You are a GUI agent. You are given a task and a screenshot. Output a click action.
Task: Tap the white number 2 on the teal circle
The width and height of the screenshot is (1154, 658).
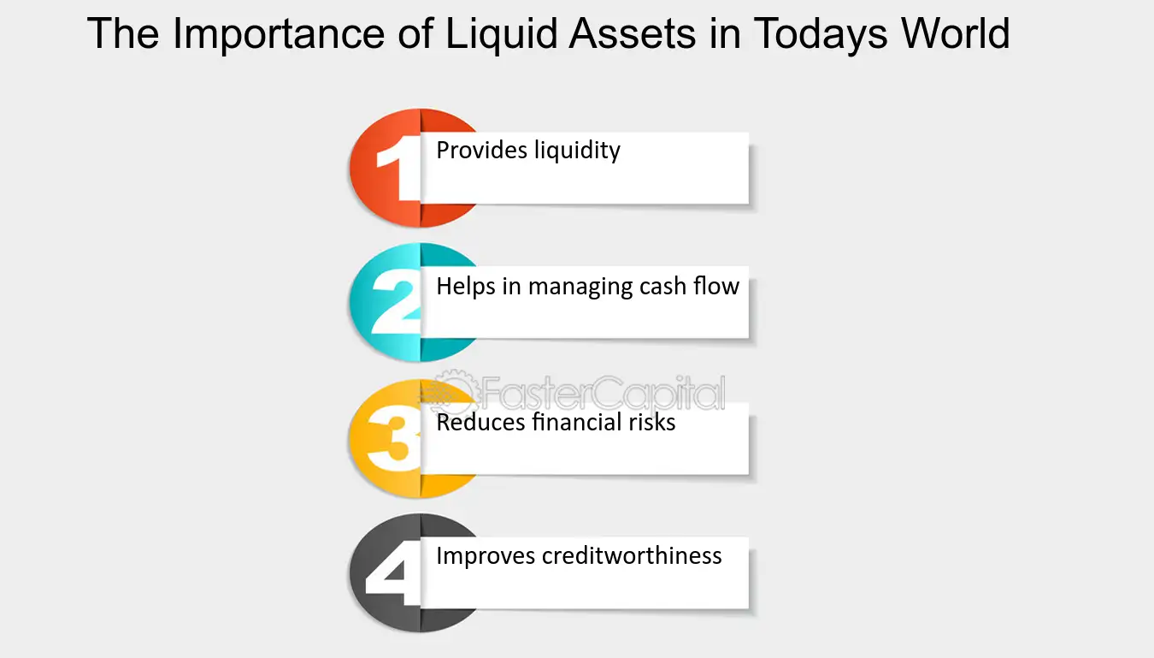[396, 301]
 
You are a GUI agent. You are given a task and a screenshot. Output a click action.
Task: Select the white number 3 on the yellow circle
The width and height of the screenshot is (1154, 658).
[393, 438]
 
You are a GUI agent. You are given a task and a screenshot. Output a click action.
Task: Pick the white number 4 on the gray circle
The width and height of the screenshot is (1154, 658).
[393, 572]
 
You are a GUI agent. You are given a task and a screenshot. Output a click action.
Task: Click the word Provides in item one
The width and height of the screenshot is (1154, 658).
[482, 151]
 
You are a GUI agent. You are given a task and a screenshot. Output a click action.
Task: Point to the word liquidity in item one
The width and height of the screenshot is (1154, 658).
[577, 151]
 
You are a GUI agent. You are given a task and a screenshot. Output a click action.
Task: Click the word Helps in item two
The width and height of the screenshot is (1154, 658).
[466, 287]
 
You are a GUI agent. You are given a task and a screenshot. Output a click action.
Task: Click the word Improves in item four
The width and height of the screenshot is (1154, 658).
[486, 557]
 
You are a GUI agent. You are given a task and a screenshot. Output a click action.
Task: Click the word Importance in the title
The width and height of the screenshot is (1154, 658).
[278, 35]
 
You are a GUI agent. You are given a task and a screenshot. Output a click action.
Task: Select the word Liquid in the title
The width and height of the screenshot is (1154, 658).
[502, 35]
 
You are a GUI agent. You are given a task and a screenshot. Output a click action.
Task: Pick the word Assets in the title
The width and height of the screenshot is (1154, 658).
[632, 34]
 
